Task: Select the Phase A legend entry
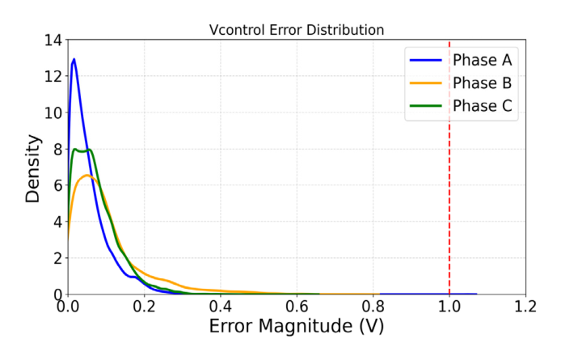tap(483, 60)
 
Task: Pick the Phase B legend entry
tap(483, 83)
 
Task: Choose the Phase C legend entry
tap(483, 106)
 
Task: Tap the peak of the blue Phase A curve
tap(74, 59)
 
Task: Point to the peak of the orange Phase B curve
tap(86, 176)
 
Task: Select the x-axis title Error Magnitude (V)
tap(297, 328)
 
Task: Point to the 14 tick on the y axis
tap(52, 40)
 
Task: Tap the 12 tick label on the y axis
tap(52, 76)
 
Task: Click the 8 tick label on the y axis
tap(56, 149)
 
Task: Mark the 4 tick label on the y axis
tap(56, 222)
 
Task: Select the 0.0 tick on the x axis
tap(68, 307)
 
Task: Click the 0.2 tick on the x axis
tap(144, 307)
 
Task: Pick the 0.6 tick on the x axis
tap(297, 307)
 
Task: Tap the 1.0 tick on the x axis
tap(449, 307)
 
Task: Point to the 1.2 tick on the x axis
tap(525, 307)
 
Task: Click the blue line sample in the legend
tap(428, 60)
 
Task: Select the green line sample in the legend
tap(428, 106)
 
